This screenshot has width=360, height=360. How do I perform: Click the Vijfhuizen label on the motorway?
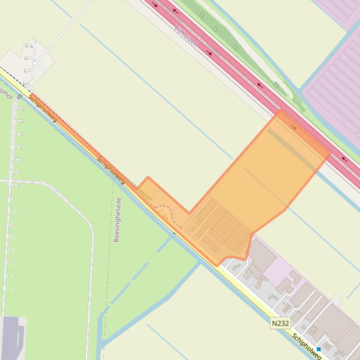(185, 36)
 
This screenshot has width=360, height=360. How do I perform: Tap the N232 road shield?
(280, 323)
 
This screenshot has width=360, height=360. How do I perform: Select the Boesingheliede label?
(118, 219)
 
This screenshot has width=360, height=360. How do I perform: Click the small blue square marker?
(319, 349)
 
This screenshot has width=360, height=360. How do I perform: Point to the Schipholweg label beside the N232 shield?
(307, 346)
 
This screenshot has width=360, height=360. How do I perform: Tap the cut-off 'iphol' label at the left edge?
(6, 92)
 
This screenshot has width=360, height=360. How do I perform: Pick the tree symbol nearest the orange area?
(276, 86)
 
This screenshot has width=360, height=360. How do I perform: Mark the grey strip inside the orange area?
(290, 148)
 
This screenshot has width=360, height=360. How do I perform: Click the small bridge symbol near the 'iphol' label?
(20, 97)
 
